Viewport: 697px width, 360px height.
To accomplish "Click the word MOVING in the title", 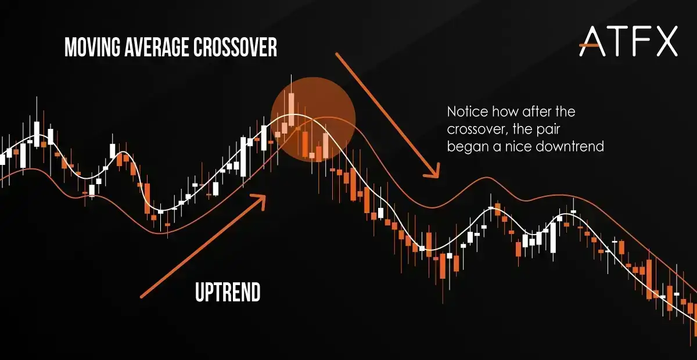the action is point(92,47).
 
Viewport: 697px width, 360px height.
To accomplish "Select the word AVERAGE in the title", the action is point(157,47).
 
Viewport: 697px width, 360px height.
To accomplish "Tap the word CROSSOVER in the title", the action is point(235,47).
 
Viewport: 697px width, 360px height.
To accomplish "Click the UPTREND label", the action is point(228,292).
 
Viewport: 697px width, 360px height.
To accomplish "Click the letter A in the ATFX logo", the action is point(592,41).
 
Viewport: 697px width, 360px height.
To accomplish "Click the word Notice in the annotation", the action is point(468,111).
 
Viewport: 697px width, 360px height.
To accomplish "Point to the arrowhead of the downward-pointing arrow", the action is point(434,172).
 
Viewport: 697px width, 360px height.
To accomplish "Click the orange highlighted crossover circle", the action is point(313,120).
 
